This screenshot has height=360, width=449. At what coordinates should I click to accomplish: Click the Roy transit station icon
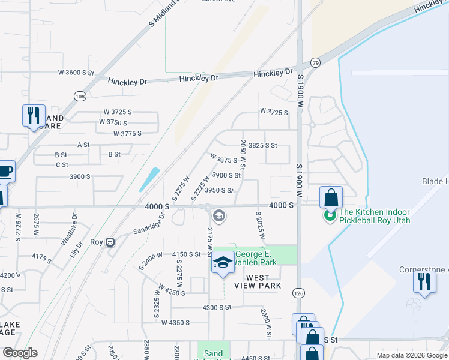click(x=110, y=242)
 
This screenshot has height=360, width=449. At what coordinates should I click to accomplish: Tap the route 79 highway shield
click(x=315, y=62)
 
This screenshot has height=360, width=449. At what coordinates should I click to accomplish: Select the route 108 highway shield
click(x=80, y=96)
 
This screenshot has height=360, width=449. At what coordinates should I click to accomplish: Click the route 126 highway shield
click(x=298, y=292)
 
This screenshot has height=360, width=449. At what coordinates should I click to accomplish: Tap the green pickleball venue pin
click(x=330, y=215)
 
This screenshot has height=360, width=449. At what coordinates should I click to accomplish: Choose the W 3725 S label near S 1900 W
click(x=274, y=112)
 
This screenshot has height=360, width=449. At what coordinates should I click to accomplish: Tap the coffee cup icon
click(x=5, y=172)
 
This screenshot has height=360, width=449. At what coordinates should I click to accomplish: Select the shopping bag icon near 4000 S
click(x=331, y=196)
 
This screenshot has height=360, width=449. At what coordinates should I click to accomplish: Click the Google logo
click(x=19, y=353)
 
